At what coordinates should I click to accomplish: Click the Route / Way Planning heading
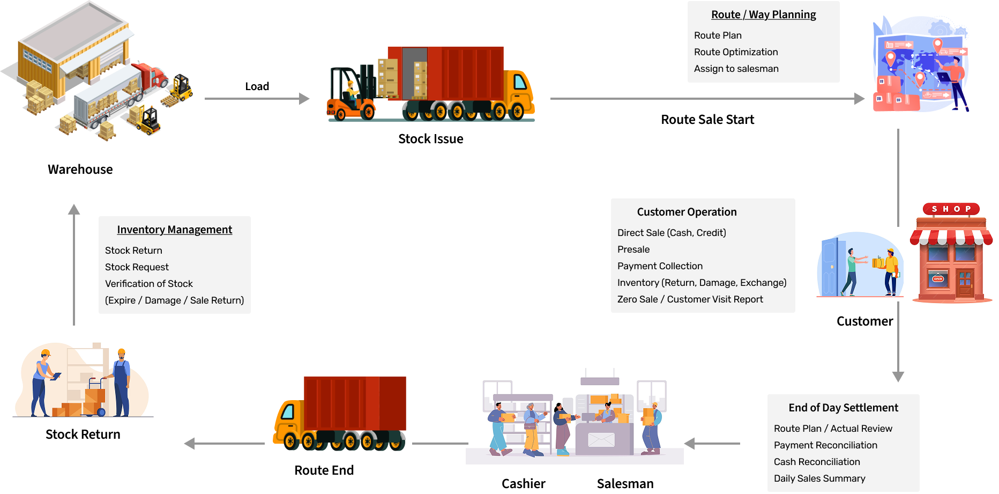(x=763, y=15)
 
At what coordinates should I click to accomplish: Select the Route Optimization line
(x=735, y=52)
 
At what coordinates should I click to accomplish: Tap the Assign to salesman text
(x=736, y=69)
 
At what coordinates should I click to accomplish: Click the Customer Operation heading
(x=687, y=212)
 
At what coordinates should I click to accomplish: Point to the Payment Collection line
(x=660, y=266)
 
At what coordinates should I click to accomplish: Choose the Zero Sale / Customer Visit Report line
(x=690, y=299)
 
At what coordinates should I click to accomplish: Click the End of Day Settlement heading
(x=843, y=408)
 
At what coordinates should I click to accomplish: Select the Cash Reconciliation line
(x=816, y=462)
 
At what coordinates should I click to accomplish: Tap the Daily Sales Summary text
(x=819, y=478)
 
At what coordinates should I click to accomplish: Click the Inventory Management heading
(x=174, y=230)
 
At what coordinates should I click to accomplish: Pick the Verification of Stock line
(x=148, y=284)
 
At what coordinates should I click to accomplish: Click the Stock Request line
(x=137, y=267)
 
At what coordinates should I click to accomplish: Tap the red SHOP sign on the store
(x=951, y=209)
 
